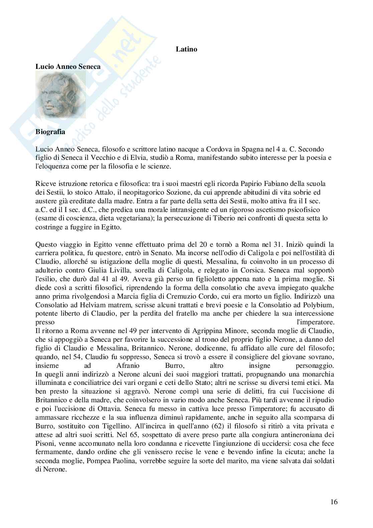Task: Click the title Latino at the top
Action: (186, 49)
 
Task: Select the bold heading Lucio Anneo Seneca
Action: (68, 67)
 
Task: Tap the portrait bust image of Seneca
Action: (60, 95)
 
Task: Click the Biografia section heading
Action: (50, 132)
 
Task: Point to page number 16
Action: (334, 502)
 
